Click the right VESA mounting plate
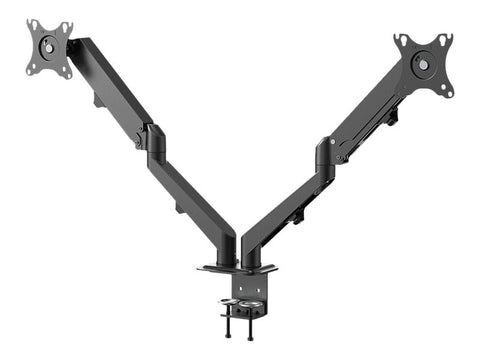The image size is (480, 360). pyautogui.click(x=423, y=62)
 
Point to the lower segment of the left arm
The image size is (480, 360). pyautogui.click(x=195, y=200)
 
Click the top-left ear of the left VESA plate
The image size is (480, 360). pyautogui.click(x=32, y=24)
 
